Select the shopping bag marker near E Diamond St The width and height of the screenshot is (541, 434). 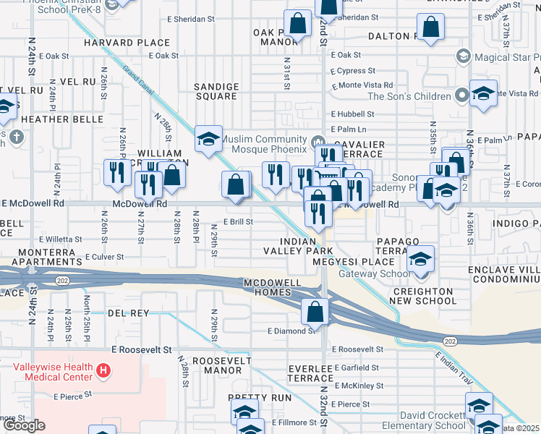coord(315,312)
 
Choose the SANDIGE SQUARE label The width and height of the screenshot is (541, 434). coord(216,91)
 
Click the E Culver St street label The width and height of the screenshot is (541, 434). coord(105,256)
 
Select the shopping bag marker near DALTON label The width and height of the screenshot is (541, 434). coord(431,27)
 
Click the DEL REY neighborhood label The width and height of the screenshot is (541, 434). coord(128,313)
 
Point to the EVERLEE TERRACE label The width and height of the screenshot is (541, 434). coord(310,373)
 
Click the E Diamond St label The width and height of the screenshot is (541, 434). coord(291,331)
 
